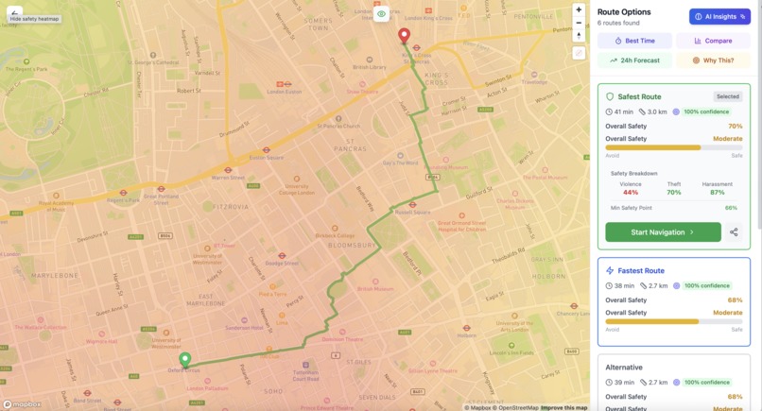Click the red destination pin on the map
pyautogui.click(x=404, y=35)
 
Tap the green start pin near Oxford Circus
pyautogui.click(x=185, y=359)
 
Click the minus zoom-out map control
pyautogui.click(x=579, y=23)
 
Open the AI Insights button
pyautogui.click(x=719, y=16)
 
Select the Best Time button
pyautogui.click(x=634, y=41)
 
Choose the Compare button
pyautogui.click(x=713, y=41)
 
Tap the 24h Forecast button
pyautogui.click(x=634, y=60)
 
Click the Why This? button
pyautogui.click(x=713, y=60)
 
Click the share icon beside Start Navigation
pyautogui.click(x=734, y=231)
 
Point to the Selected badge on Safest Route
pyautogui.click(x=728, y=96)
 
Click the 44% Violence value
pyautogui.click(x=631, y=193)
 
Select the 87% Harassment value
pyautogui.click(x=717, y=193)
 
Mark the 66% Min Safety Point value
pyautogui.click(x=731, y=208)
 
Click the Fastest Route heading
pyautogui.click(x=642, y=271)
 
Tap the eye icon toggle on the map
pyautogui.click(x=381, y=14)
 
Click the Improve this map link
pyautogui.click(x=564, y=407)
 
